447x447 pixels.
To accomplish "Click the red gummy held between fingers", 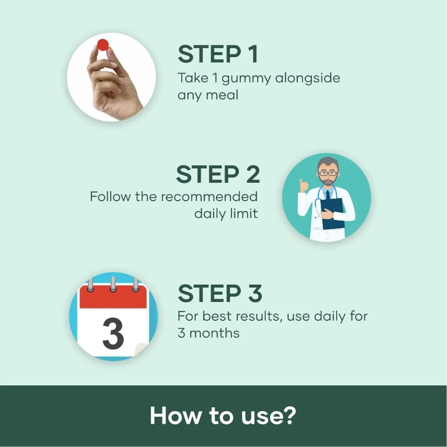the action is pos(103,45).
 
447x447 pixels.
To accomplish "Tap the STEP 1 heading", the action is pos(218,54).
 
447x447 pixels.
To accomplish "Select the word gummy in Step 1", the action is pos(246,79).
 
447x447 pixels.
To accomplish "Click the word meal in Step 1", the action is pos(222,94).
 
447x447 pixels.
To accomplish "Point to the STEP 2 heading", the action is pos(218,174).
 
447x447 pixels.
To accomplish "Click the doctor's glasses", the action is pos(328,173).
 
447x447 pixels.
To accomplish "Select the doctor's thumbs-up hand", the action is pos(303,186).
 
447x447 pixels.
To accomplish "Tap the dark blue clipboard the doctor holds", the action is pos(333,214).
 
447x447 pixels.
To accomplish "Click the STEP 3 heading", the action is pos(220,293).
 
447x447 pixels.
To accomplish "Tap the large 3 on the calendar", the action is pos(113,333).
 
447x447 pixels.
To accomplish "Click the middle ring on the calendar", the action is pos(113,284).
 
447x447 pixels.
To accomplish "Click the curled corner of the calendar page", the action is pos(142,350).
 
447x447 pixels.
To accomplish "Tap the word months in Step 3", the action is pos(215,333).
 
